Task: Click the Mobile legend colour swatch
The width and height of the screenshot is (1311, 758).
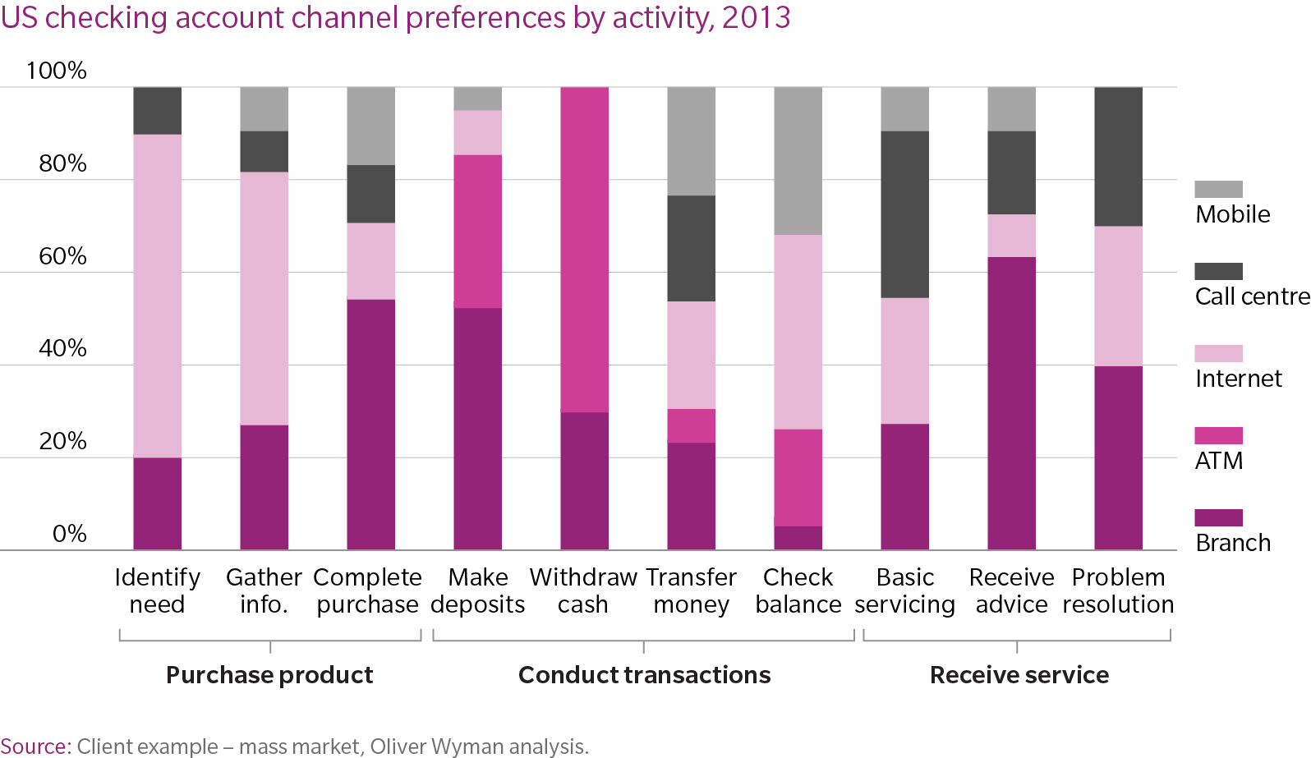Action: coord(1218,189)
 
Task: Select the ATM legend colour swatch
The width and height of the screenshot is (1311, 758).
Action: coord(1218,435)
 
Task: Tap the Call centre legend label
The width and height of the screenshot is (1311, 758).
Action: coord(1252,296)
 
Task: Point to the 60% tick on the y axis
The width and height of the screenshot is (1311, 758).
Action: coord(62,256)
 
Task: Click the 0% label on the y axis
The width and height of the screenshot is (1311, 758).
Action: coord(69,534)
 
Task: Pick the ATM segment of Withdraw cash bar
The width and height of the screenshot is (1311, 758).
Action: coord(584,250)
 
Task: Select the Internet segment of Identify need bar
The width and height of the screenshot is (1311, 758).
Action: coord(157,296)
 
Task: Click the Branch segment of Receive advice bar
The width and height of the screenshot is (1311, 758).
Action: coord(1011,403)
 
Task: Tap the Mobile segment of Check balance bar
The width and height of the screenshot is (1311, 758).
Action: coord(798,161)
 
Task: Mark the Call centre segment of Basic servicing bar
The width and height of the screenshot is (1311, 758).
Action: coord(904,214)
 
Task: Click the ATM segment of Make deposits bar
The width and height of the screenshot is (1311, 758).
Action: coord(477,232)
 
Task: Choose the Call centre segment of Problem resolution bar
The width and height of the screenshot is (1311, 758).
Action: coord(1118,156)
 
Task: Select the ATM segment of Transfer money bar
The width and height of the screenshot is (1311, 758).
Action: coord(691,425)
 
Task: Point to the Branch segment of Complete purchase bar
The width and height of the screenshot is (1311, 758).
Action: coord(370,425)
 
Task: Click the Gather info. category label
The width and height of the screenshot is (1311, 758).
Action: coord(264,590)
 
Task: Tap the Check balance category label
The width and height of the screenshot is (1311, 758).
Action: coord(798,590)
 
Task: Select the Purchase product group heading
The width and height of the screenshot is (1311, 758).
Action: coord(269,675)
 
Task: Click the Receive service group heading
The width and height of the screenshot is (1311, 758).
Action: coord(1019,675)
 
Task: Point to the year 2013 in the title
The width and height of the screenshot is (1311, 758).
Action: coord(756,17)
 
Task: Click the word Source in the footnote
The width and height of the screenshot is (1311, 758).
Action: coord(35,747)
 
